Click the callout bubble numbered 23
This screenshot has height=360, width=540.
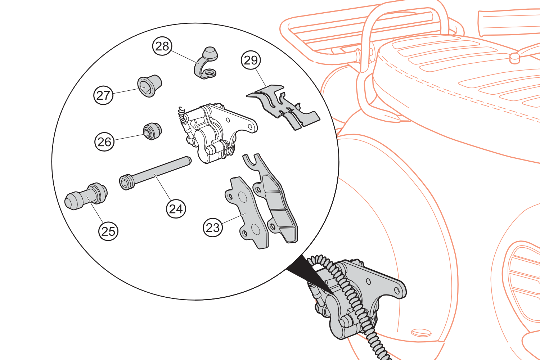click(213, 228)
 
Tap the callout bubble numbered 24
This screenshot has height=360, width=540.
click(176, 208)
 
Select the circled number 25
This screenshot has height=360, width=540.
click(108, 231)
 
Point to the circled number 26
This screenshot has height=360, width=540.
click(104, 142)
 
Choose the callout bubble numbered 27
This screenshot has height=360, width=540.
click(103, 95)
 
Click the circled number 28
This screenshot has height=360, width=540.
click(162, 46)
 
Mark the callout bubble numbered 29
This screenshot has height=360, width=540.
click(251, 60)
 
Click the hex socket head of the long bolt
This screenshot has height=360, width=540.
click(125, 183)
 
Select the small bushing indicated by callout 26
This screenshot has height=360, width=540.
click(152, 131)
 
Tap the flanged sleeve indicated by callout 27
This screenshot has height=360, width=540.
click(149, 86)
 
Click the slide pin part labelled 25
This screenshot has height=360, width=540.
click(86, 196)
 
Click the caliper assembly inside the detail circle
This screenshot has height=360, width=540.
click(218, 133)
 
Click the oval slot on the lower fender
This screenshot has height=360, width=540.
click(421, 333)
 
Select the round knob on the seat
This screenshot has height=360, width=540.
click(515, 58)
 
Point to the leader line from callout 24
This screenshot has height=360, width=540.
click(163, 187)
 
